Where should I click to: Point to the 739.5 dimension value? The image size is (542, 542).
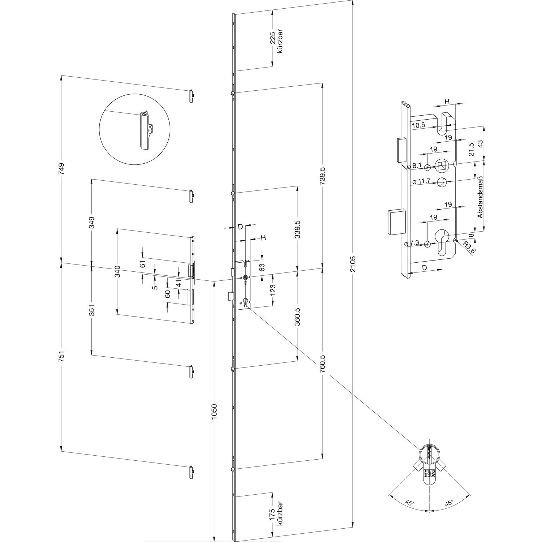pyautogui.click(x=323, y=176)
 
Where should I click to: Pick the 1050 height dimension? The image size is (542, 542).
pyautogui.click(x=215, y=412)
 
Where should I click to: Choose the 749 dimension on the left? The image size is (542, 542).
pyautogui.click(x=61, y=169)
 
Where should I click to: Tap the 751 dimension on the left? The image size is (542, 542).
pyautogui.click(x=61, y=357)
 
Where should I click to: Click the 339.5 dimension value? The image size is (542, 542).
pyautogui.click(x=297, y=229)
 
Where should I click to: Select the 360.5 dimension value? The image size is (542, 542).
pyautogui.click(x=297, y=316)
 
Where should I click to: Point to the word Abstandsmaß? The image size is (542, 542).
pyautogui.click(x=480, y=197)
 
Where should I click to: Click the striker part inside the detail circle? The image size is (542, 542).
pyautogui.click(x=145, y=129)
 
